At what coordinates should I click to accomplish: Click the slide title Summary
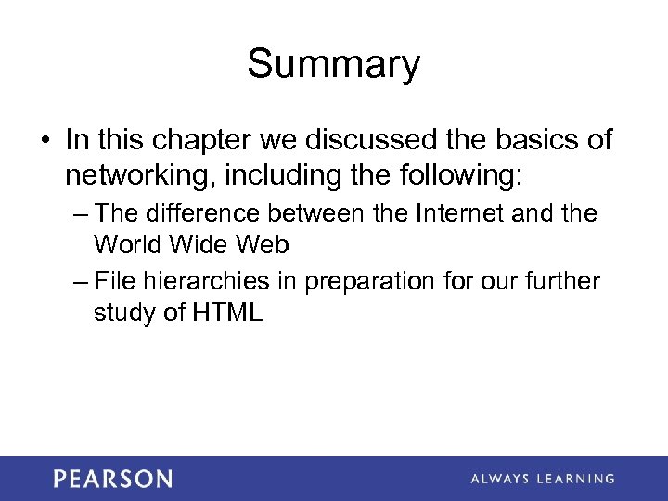point(333,65)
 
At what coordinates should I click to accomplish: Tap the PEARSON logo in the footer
point(112,479)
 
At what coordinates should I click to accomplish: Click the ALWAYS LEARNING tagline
point(542,479)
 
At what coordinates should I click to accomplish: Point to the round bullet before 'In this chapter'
point(45,141)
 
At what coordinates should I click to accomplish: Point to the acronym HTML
point(228,313)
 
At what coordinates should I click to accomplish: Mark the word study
point(123,314)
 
